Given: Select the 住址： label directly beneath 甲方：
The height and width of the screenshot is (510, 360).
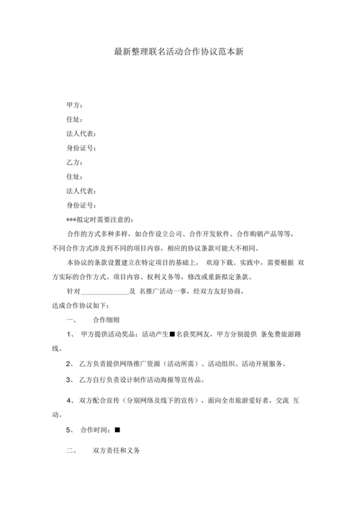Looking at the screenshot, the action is (75, 120).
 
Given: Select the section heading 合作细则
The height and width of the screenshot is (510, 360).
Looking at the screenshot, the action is (106, 320).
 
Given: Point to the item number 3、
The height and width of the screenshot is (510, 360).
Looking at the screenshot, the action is (71, 380).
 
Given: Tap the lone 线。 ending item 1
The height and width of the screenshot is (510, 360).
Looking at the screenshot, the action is (57, 349).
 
